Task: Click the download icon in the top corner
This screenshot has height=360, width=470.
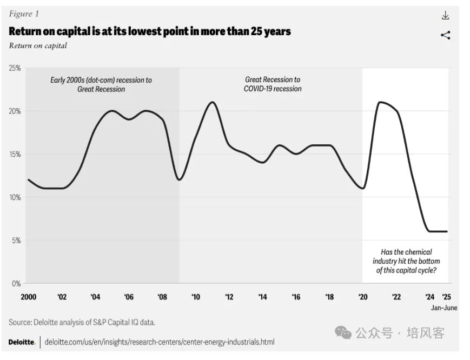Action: pos(446,16)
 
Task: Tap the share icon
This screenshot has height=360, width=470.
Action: pos(446,36)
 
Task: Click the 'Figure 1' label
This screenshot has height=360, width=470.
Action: pos(24,14)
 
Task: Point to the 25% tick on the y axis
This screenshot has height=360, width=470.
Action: pos(15,68)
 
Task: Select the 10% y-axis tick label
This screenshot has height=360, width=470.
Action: pos(15,197)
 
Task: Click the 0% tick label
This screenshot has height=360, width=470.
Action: pos(16,283)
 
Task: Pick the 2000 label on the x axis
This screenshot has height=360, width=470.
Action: pos(28,297)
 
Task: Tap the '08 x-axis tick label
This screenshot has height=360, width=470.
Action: pos(162,297)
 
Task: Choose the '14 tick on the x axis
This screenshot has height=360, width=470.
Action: pos(262,297)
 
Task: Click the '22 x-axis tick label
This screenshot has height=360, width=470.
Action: pos(396,297)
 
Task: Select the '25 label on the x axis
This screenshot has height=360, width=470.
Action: pos(446,297)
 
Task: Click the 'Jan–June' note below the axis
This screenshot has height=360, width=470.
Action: pos(444,308)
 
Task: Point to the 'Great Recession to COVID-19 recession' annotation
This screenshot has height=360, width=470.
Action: pos(273,84)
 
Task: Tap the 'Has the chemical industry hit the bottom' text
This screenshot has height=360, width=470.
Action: pos(406,261)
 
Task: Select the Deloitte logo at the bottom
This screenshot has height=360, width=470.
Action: pos(22,342)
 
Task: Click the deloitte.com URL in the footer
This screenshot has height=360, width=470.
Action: pos(160,342)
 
